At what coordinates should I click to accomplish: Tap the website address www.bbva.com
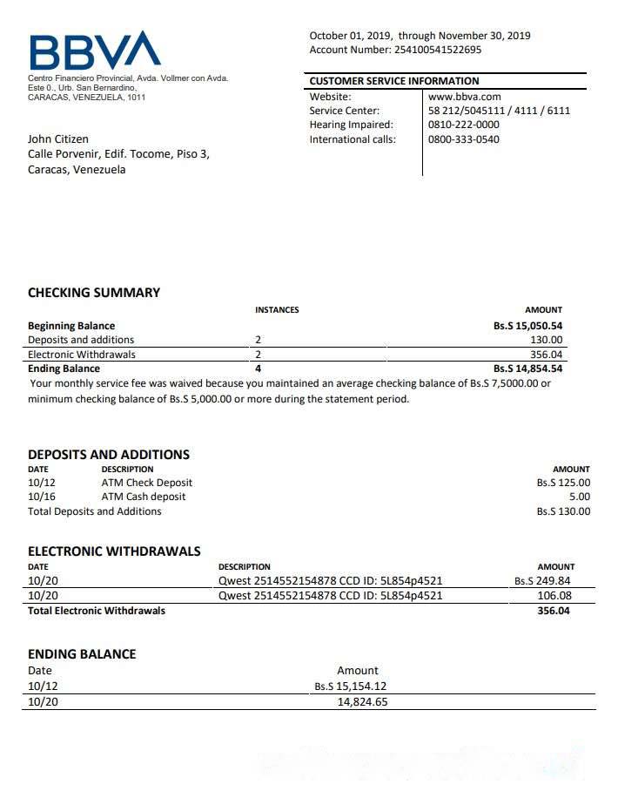pyautogui.click(x=464, y=97)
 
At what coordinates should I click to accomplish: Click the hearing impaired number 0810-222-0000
pyautogui.click(x=464, y=125)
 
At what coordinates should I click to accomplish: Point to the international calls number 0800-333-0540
pyautogui.click(x=464, y=139)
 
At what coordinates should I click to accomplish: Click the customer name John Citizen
pyautogui.click(x=58, y=139)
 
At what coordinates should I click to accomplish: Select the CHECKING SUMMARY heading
pyautogui.click(x=94, y=293)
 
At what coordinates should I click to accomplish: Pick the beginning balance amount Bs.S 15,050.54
pyautogui.click(x=527, y=326)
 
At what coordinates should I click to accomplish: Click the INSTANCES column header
pyautogui.click(x=277, y=310)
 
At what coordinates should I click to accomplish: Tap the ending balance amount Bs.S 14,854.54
pyautogui.click(x=527, y=369)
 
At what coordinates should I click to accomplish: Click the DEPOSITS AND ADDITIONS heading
pyautogui.click(x=109, y=454)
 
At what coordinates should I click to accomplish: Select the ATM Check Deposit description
pyautogui.click(x=147, y=483)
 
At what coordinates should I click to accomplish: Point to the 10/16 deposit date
pyautogui.click(x=42, y=497)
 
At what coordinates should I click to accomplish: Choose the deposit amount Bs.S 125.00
pyautogui.click(x=563, y=483)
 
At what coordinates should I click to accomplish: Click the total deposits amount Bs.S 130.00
pyautogui.click(x=563, y=511)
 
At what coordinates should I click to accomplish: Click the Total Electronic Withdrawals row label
pyautogui.click(x=97, y=611)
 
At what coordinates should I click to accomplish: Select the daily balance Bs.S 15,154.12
pyautogui.click(x=351, y=686)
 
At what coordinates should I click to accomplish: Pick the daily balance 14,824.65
pyautogui.click(x=362, y=701)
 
